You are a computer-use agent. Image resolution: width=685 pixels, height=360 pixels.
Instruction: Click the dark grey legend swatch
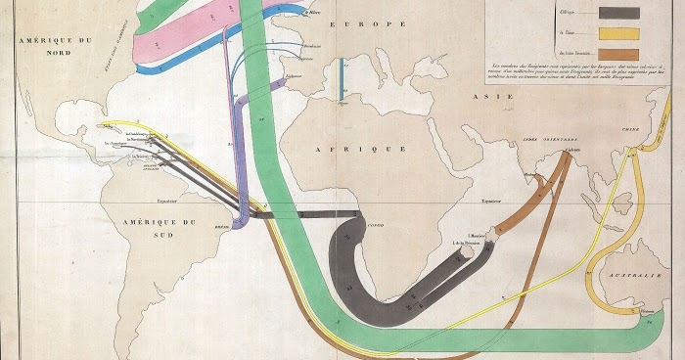(x=613, y=13)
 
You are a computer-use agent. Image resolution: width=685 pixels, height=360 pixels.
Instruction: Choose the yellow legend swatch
(x=613, y=32)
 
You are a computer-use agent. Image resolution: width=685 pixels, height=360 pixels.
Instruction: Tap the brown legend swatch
(x=613, y=53)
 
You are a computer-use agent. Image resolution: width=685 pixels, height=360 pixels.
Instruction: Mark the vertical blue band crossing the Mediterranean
(x=342, y=77)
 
